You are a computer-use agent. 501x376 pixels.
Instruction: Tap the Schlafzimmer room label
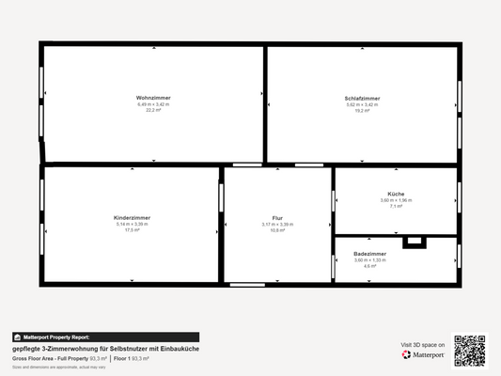[363, 98]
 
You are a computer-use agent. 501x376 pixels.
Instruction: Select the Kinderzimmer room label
[132, 217]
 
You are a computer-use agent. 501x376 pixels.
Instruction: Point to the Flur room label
[277, 217]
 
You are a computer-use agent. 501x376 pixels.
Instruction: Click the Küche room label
[396, 194]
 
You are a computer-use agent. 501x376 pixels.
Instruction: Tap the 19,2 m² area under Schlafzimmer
[363, 110]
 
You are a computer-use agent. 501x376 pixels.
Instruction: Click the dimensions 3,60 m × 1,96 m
[396, 200]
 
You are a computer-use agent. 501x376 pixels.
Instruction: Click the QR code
[470, 351]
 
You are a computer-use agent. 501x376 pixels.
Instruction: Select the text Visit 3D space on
[421, 345]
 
